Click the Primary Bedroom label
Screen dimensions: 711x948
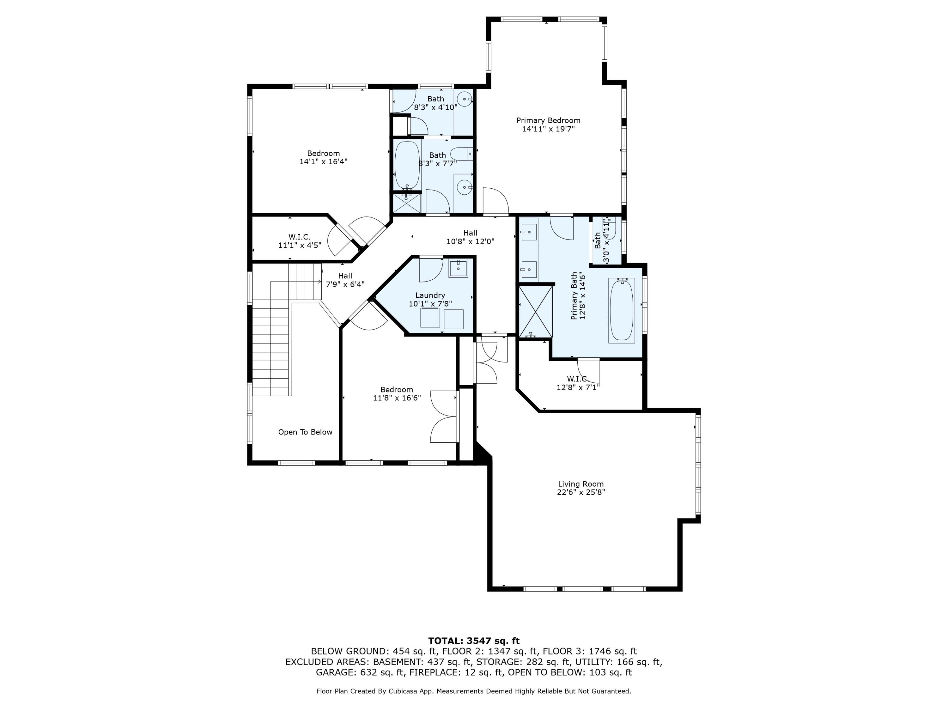(548, 120)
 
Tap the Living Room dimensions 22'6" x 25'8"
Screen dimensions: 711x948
(581, 492)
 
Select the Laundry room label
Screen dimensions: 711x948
(430, 295)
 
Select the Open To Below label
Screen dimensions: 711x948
(305, 432)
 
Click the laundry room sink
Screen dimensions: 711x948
(458, 268)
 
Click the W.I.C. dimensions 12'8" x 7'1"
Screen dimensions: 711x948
(578, 387)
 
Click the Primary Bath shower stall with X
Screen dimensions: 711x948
(535, 312)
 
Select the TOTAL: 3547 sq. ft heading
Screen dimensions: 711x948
(474, 641)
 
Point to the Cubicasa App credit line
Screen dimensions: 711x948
(474, 691)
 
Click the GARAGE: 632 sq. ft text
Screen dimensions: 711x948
(360, 672)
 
